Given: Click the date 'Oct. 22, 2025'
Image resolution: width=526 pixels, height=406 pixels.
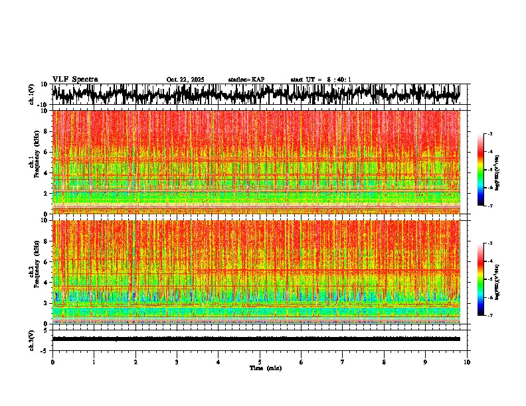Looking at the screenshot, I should point(185,80).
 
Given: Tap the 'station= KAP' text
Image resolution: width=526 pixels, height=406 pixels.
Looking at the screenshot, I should point(246,80).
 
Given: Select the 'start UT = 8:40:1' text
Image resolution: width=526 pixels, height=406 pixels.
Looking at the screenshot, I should point(321,80).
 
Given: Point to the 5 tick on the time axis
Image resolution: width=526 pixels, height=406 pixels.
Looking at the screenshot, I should point(260,362).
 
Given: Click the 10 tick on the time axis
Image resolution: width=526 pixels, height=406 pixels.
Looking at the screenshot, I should point(467,362).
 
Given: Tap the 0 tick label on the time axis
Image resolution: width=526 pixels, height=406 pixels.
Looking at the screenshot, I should point(52,362).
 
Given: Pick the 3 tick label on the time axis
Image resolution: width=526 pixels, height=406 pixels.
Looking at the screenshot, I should point(177,362).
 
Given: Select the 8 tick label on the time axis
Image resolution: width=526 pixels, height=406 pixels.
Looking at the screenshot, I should point(384,362).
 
